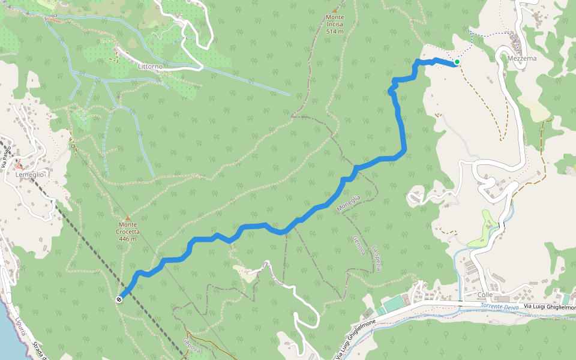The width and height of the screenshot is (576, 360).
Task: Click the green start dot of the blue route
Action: pyautogui.click(x=457, y=62)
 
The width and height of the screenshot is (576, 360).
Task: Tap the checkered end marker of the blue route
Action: pyautogui.click(x=119, y=299)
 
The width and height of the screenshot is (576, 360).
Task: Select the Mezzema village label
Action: pyautogui.click(x=521, y=59)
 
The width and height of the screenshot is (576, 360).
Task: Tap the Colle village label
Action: pyautogui.click(x=485, y=295)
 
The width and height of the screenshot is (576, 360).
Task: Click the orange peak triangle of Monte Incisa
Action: pyautogui.click(x=335, y=10)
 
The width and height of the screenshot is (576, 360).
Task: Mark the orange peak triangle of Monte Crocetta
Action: pyautogui.click(x=128, y=218)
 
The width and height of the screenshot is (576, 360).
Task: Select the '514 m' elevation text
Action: pyautogui.click(x=335, y=31)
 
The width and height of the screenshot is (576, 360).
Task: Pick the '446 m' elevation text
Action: pyautogui.click(x=128, y=239)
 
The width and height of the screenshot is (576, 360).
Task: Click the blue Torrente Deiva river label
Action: pyautogui.click(x=499, y=307)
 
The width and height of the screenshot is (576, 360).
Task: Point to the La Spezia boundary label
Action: pyautogui.click(x=376, y=258)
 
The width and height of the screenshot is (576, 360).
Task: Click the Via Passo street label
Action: pyautogui.click(x=7, y=157)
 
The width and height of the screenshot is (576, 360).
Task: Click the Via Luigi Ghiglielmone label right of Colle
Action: pyautogui.click(x=549, y=307)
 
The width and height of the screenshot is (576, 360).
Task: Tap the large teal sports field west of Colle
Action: pyautogui.click(x=395, y=304)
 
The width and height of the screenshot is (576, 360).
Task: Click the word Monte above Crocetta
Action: pyautogui.click(x=128, y=224)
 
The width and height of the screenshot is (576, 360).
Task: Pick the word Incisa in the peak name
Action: pyautogui.click(x=335, y=25)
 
